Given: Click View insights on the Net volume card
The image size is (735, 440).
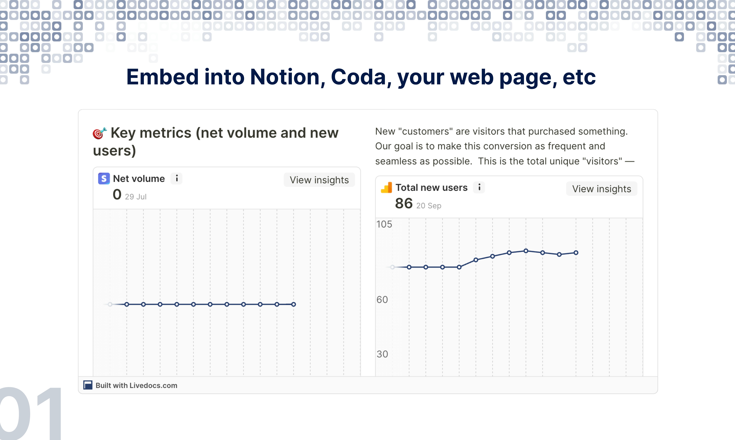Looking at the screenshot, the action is (319, 180).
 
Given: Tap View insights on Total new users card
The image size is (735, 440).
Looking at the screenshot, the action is (602, 189).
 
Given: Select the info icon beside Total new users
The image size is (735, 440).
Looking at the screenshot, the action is (479, 187).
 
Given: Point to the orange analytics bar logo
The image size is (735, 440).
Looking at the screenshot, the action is (386, 187).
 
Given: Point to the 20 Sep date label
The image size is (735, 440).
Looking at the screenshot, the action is (429, 206).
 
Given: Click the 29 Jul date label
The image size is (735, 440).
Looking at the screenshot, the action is (136, 197).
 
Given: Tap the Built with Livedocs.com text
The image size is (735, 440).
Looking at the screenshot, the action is (136, 385).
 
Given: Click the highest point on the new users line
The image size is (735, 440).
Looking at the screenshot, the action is (526, 251).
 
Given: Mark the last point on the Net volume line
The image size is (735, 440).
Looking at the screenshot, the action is (293, 304).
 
